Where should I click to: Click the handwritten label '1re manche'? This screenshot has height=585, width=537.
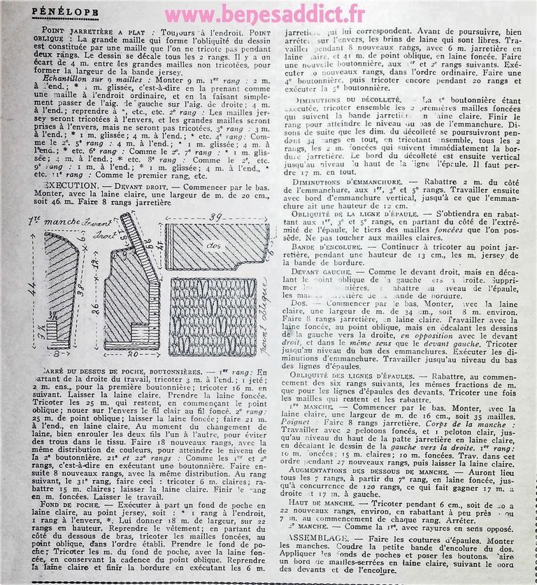55,222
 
